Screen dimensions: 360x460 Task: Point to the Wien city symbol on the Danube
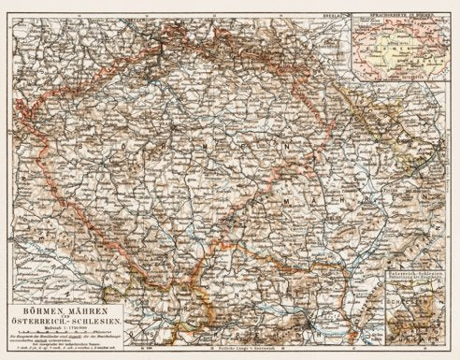click(309, 329)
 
